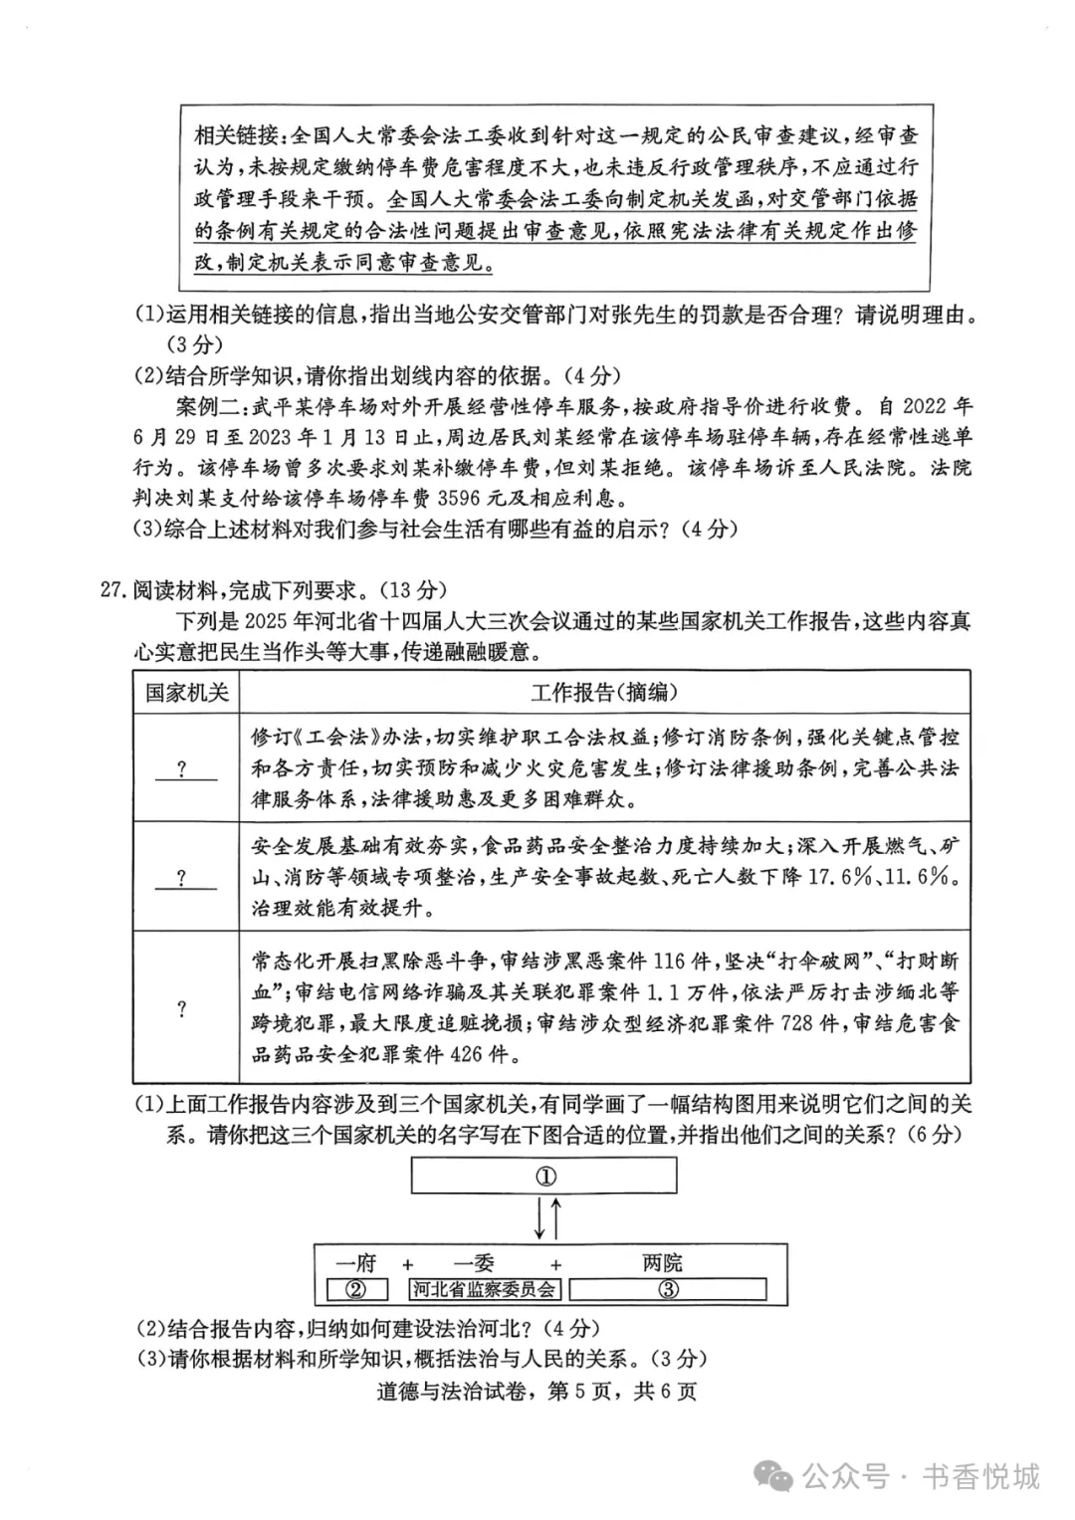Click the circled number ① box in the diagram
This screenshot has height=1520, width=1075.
click(544, 1177)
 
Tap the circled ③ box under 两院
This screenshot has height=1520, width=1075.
click(668, 1290)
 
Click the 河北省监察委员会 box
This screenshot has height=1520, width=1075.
click(485, 1290)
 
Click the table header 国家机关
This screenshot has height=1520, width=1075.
click(186, 693)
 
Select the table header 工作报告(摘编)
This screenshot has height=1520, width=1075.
click(604, 693)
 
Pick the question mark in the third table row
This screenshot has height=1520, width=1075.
click(182, 1008)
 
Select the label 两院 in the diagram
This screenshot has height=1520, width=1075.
click(662, 1263)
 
